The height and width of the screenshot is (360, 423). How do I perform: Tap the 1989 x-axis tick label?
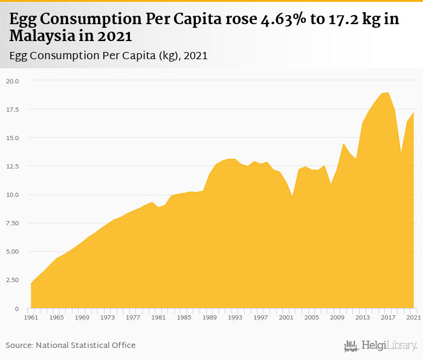click(x=210, y=317)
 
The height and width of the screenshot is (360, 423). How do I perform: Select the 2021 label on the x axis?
click(x=414, y=317)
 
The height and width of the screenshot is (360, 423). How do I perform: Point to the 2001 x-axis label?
click(x=286, y=317)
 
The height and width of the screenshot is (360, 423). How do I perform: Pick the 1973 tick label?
click(x=108, y=317)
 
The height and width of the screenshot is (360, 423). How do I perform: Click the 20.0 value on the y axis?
click(x=13, y=81)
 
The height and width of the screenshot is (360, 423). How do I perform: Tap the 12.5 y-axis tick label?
click(x=13, y=166)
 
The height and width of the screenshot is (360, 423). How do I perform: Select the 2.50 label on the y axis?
click(x=13, y=280)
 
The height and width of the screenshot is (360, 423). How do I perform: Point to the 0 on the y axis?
click(x=18, y=309)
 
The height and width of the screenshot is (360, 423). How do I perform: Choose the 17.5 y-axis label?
click(x=13, y=109)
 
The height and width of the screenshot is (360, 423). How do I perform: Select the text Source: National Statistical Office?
click(x=71, y=345)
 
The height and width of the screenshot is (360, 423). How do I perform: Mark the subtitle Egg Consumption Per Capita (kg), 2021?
click(x=109, y=56)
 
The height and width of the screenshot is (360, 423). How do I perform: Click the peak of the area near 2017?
click(x=388, y=92)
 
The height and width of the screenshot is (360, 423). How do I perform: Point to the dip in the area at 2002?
click(x=292, y=196)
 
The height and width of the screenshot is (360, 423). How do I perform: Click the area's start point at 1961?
click(x=31, y=283)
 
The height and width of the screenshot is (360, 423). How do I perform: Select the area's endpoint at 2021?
click(x=414, y=113)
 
